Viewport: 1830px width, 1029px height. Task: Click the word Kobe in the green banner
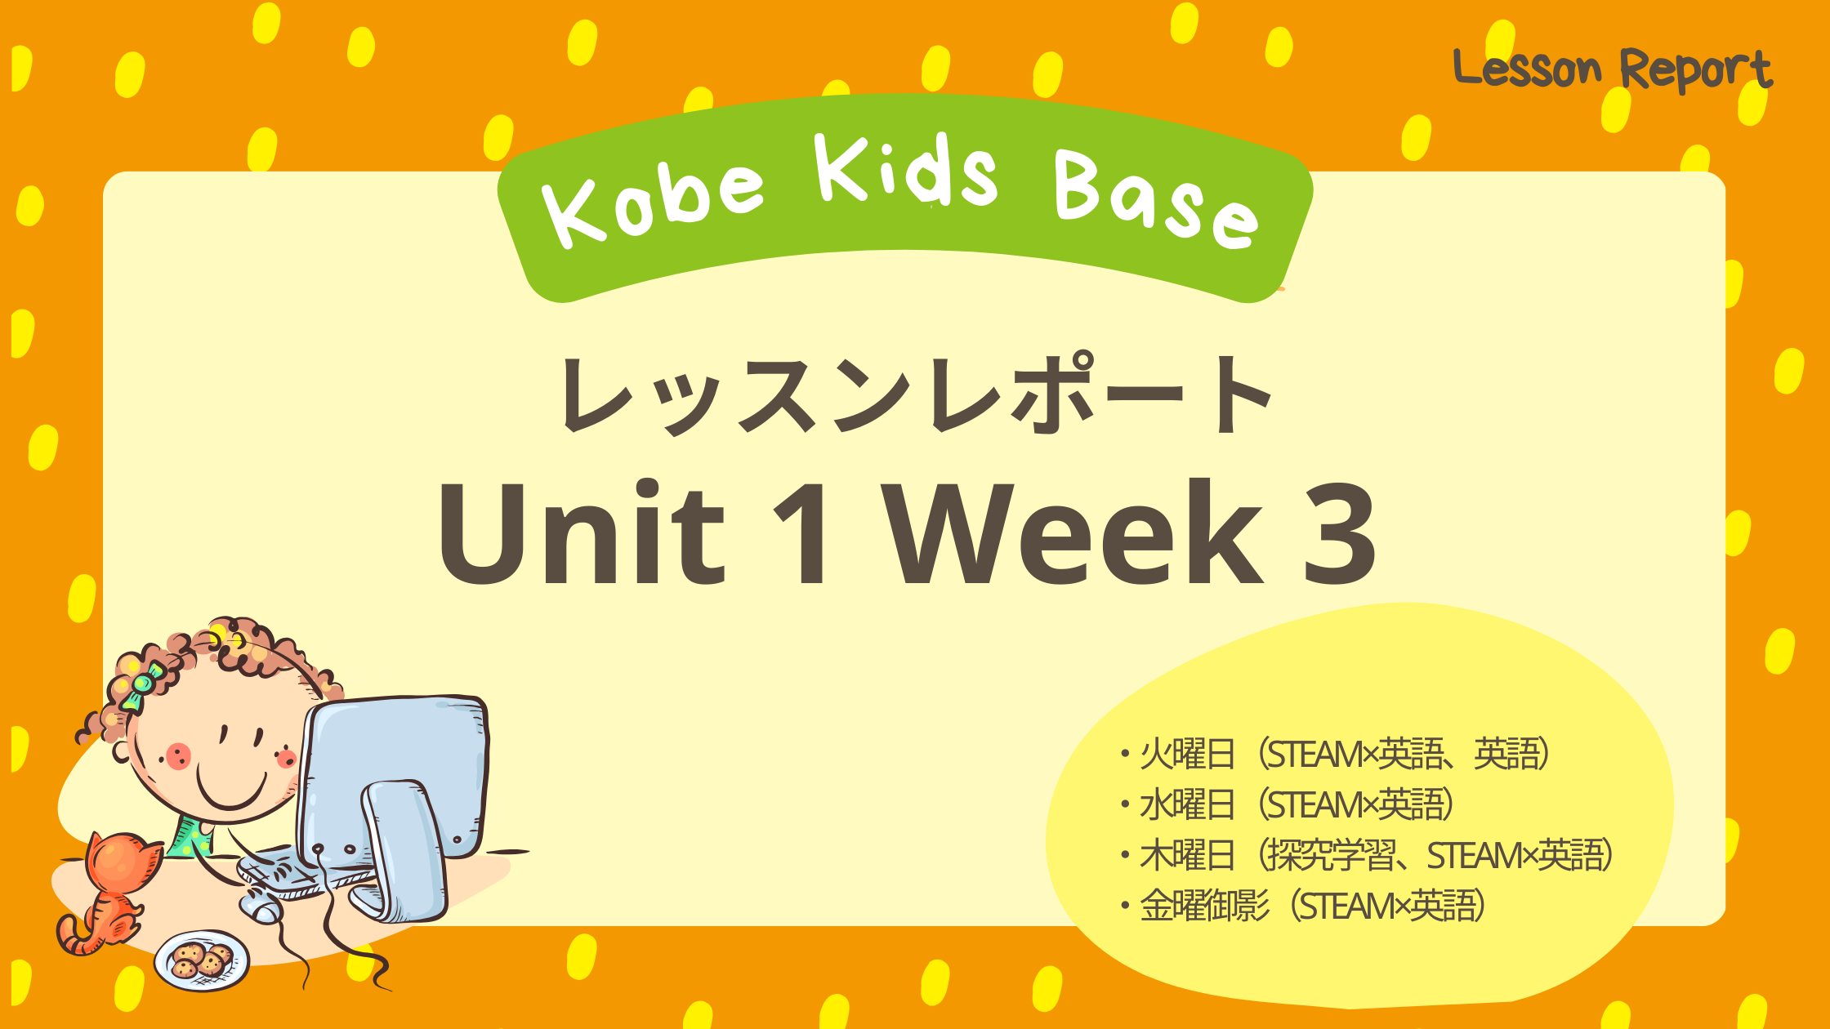coord(654,203)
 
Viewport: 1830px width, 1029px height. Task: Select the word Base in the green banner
coord(1156,199)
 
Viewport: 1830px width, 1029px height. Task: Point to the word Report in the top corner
coord(1696,69)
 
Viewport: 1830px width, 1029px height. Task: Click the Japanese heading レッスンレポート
coord(915,395)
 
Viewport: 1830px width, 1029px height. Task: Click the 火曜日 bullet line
coord(1337,754)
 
